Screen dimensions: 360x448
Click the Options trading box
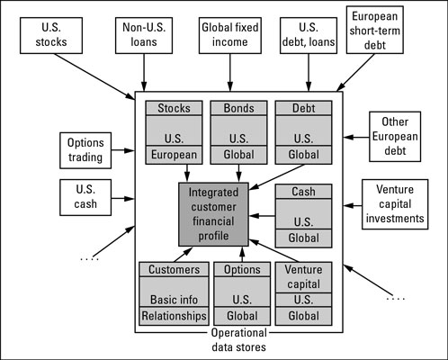pyautogui.click(x=85, y=149)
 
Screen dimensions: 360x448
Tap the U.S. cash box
pyautogui.click(x=85, y=197)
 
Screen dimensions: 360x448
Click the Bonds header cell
pyautogui.click(x=238, y=107)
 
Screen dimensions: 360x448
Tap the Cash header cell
pyautogui.click(x=303, y=191)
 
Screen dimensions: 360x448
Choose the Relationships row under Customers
pyautogui.click(x=174, y=316)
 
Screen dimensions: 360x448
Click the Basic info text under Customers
pyautogui.click(x=174, y=299)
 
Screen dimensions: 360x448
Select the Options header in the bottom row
pyautogui.click(x=240, y=269)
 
